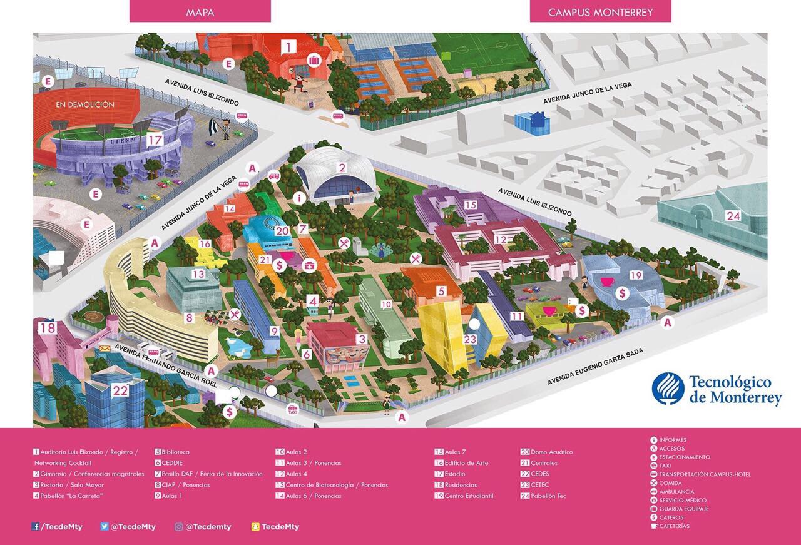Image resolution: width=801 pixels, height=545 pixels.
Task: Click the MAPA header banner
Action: [200, 12]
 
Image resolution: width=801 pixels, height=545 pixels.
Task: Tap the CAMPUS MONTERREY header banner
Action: [599, 12]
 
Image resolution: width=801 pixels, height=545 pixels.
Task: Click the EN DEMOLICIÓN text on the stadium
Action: [85, 104]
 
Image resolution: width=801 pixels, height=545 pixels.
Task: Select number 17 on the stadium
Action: [155, 141]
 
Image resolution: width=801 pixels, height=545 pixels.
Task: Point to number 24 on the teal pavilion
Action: [733, 216]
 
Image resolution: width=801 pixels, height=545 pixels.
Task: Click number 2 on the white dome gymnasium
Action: [342, 168]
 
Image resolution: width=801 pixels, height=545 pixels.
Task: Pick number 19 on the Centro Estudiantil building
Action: [636, 275]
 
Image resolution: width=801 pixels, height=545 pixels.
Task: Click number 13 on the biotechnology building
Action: [198, 273]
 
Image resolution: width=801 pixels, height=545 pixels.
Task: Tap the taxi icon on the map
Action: [292, 410]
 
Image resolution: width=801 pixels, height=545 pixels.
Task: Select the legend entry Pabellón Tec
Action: [548, 496]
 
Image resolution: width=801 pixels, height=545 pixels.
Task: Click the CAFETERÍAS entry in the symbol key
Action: [674, 526]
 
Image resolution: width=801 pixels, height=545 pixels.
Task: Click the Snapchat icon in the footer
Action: [255, 527]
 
